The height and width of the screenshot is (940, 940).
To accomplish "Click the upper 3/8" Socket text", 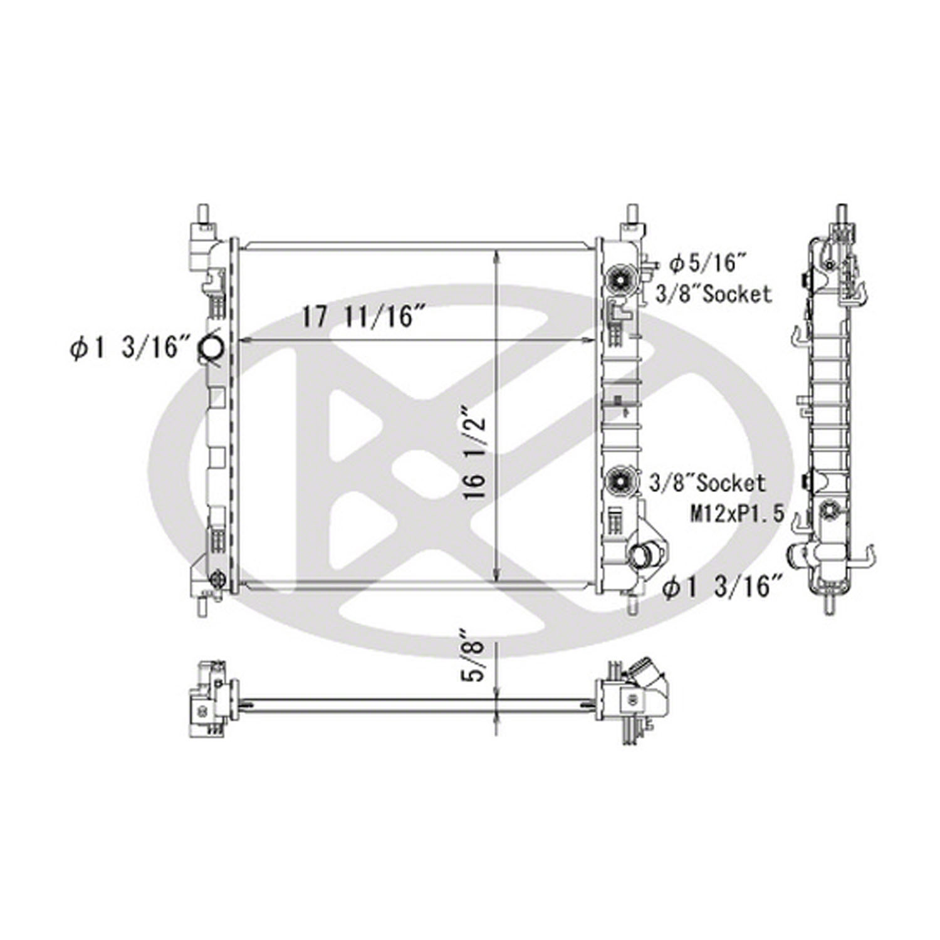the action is coord(714,293).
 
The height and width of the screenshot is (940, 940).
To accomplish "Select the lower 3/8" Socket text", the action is coord(708,483).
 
